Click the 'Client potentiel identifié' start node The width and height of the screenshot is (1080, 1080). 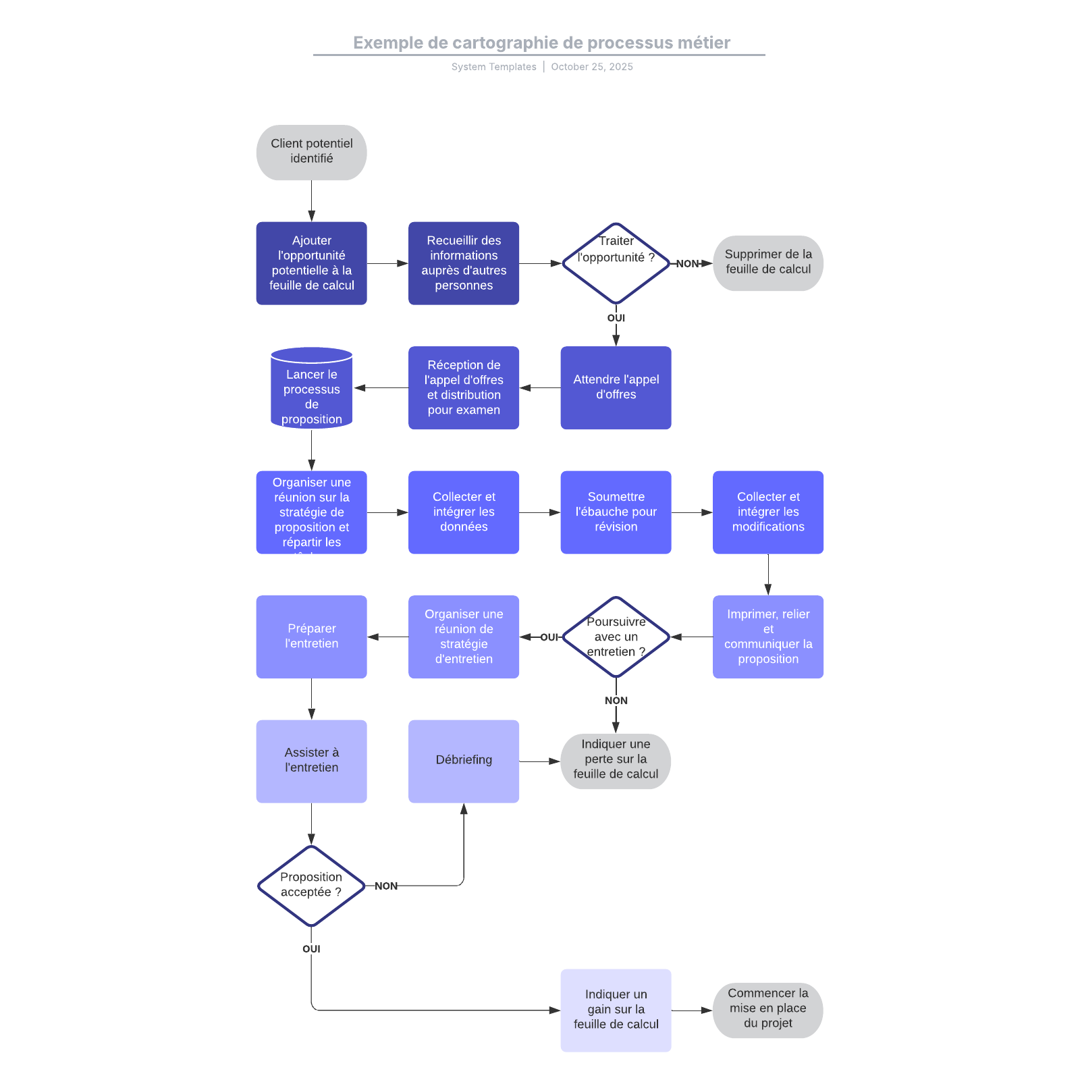pyautogui.click(x=311, y=152)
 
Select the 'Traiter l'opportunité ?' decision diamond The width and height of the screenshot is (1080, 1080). pyautogui.click(x=616, y=263)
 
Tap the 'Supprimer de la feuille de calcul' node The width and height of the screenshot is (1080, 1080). pyautogui.click(x=767, y=263)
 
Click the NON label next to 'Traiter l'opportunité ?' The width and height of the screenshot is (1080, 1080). pyautogui.click(x=687, y=264)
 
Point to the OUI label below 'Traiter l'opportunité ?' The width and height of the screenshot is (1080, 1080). pyautogui.click(x=616, y=318)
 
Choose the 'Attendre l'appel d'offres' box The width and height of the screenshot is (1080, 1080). pyautogui.click(x=616, y=387)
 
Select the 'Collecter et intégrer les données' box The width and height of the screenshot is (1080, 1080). pyautogui.click(x=463, y=512)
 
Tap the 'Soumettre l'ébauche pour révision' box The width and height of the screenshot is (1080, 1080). pyautogui.click(x=616, y=512)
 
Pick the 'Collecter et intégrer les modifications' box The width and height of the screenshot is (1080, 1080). pyautogui.click(x=767, y=512)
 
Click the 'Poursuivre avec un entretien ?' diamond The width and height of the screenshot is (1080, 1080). pyautogui.click(x=616, y=637)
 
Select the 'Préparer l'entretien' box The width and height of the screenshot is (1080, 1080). pyautogui.click(x=311, y=637)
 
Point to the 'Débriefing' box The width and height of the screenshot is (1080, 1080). pyautogui.click(x=463, y=761)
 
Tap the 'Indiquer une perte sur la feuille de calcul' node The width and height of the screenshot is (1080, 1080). pyautogui.click(x=616, y=761)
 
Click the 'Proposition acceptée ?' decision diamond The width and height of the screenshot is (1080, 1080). pyautogui.click(x=311, y=885)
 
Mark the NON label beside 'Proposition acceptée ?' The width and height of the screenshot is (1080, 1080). pyautogui.click(x=386, y=886)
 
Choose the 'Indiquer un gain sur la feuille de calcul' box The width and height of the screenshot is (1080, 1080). pyautogui.click(x=616, y=1010)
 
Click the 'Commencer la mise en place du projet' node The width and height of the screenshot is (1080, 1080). pyautogui.click(x=767, y=1010)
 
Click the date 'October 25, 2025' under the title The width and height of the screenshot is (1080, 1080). pyautogui.click(x=592, y=67)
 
